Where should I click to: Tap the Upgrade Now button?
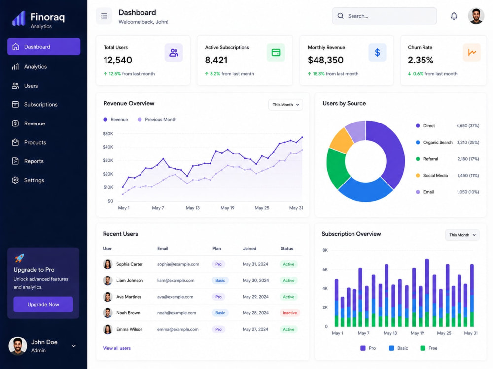(x=43, y=305)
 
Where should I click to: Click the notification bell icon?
(x=454, y=16)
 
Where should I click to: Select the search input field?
(x=384, y=16)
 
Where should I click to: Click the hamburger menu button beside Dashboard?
(x=104, y=16)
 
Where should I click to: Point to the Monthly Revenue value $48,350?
(x=325, y=60)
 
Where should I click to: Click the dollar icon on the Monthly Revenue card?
(x=377, y=53)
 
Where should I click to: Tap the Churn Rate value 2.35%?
(x=421, y=60)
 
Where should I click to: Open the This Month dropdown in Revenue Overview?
(x=285, y=105)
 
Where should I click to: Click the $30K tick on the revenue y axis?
(x=108, y=160)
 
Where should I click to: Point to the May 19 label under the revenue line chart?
(x=227, y=208)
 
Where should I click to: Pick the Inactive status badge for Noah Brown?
(x=289, y=313)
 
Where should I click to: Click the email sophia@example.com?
(x=178, y=264)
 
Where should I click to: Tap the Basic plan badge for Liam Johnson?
(x=220, y=280)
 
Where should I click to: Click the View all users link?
(x=117, y=348)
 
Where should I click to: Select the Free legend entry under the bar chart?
(x=429, y=348)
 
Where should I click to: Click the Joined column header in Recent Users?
(x=249, y=249)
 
